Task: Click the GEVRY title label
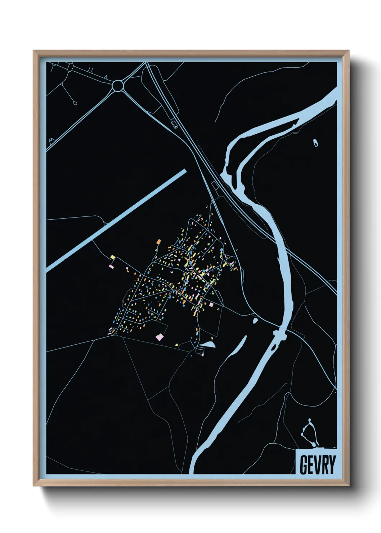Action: point(317,465)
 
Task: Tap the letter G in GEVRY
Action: point(303,465)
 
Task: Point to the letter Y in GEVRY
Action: point(332,465)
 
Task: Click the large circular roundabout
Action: point(118,86)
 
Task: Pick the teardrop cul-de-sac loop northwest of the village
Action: point(75,103)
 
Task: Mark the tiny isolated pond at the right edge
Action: point(316,143)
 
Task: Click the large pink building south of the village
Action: point(159,337)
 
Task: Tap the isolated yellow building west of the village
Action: point(113,257)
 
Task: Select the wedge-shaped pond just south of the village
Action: point(208,345)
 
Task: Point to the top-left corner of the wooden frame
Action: point(34,51)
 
